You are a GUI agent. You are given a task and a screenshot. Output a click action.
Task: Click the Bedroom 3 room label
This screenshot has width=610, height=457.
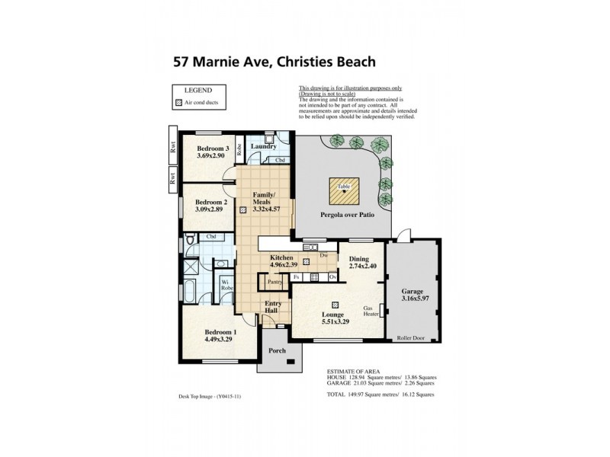(x=213, y=148)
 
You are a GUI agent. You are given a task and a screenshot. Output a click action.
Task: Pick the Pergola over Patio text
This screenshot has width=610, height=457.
(x=343, y=216)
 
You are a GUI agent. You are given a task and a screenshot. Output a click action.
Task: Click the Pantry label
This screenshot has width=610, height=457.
(x=276, y=282)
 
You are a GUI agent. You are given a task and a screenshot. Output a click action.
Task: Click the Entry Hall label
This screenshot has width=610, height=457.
(x=273, y=308)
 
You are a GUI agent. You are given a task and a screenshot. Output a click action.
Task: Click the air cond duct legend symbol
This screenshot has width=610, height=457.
(x=180, y=102)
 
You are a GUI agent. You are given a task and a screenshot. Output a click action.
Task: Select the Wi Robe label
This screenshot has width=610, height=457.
(x=226, y=286)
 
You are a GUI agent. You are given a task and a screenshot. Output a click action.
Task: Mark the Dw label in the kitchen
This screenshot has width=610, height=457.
(x=324, y=255)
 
